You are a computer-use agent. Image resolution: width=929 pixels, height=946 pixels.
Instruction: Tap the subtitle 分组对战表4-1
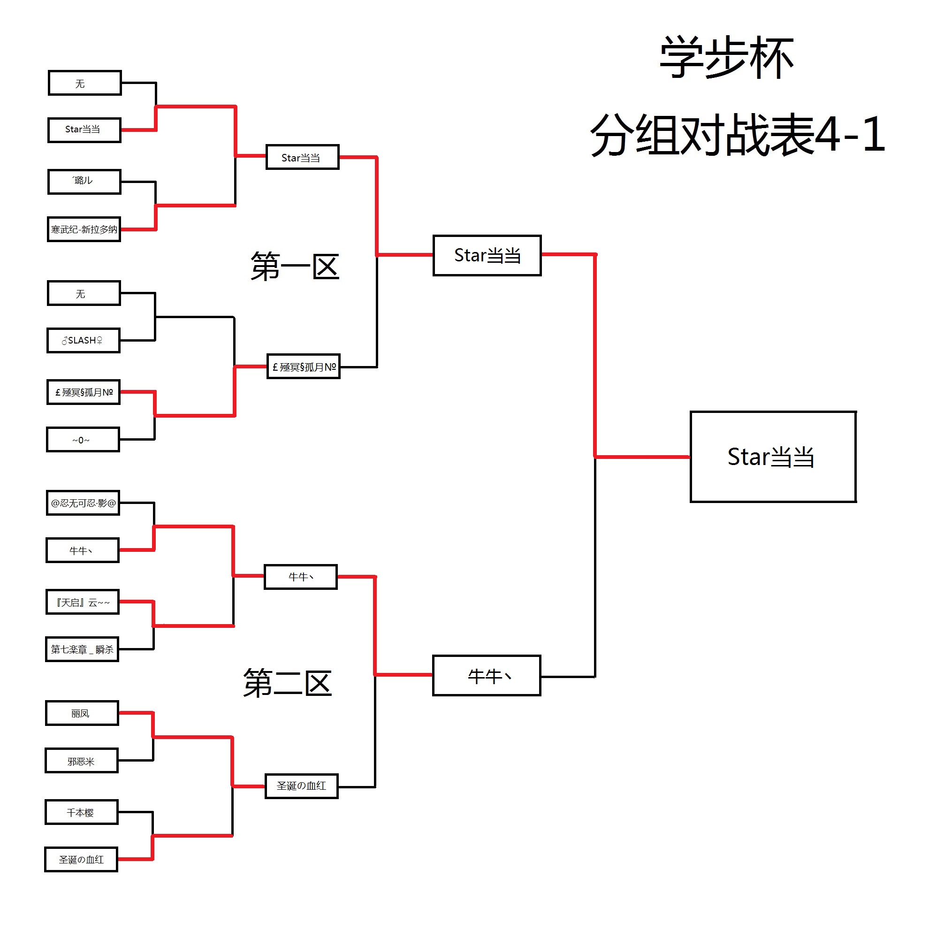coord(737,135)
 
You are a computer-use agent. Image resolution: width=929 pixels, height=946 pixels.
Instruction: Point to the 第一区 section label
coord(294,267)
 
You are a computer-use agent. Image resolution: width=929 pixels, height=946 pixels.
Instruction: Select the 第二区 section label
coord(288,683)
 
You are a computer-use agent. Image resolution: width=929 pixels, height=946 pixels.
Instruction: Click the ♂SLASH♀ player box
coord(84,340)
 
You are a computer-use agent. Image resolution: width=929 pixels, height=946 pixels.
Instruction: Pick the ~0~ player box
coord(83,440)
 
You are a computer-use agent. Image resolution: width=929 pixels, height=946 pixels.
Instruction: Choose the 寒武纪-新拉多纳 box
coord(84,229)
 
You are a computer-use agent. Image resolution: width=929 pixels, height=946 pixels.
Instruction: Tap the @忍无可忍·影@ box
coord(83,503)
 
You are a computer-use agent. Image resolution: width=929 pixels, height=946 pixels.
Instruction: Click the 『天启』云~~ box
coord(83,602)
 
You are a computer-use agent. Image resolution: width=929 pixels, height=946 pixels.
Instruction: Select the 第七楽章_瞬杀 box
coord(82,649)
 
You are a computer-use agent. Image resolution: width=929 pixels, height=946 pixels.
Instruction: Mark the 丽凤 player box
coord(82,713)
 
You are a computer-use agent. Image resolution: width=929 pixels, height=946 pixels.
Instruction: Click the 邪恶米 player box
coord(82,761)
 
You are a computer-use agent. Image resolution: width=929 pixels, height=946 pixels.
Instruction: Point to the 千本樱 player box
coord(82,812)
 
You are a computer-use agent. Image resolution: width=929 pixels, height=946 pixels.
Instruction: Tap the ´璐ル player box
coord(84,182)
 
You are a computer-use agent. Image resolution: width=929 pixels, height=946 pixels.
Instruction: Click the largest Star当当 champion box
coord(773,457)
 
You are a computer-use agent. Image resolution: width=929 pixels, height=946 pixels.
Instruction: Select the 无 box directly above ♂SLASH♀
coord(84,293)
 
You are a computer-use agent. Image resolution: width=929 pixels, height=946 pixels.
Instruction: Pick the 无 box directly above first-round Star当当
coord(85,83)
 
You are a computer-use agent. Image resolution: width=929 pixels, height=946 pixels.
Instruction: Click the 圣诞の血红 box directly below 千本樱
coord(81,860)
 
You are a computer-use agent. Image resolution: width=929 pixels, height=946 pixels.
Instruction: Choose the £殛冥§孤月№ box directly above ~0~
coord(84,392)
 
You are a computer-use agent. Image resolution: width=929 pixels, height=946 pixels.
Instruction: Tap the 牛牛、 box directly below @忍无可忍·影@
coord(83,550)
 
